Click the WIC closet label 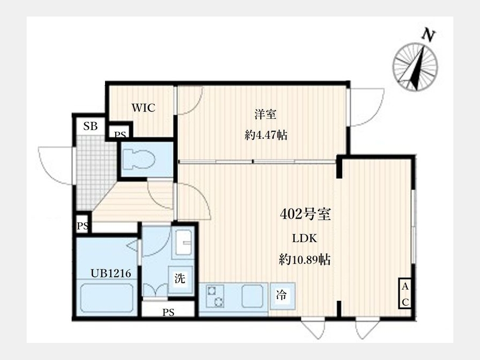point(143,108)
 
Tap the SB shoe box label point(90,126)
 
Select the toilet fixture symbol point(139,159)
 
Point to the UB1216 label point(111,273)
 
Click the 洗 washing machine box point(180,278)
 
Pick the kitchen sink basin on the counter point(252,296)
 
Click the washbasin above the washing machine point(183,243)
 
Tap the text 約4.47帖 point(266,135)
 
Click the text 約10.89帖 point(305,260)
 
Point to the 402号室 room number point(305,214)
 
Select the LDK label point(305,238)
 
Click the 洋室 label point(266,114)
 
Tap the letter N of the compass point(429,35)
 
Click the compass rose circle point(415,67)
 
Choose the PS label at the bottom point(168,312)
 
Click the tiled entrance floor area point(95,171)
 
